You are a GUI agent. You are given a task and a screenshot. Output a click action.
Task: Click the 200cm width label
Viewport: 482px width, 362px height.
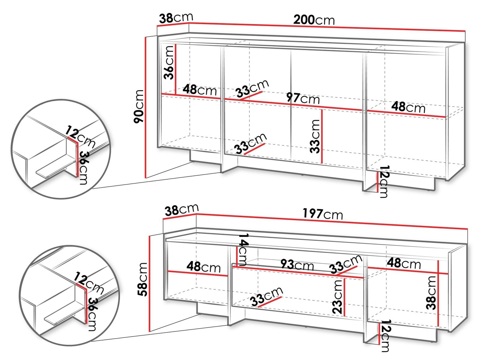[314, 20]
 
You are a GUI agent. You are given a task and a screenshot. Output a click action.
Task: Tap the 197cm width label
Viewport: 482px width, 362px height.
[323, 214]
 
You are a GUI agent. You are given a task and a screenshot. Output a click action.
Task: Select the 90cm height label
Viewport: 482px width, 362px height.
[138, 106]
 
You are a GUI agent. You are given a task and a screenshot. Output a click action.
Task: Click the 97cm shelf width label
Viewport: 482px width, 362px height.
[303, 98]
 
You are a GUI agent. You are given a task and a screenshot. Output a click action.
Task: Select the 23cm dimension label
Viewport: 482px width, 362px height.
[337, 297]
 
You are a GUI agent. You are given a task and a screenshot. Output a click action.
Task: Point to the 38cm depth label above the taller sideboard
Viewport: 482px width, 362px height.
[176, 18]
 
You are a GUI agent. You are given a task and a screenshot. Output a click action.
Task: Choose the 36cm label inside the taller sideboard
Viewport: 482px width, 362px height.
[169, 63]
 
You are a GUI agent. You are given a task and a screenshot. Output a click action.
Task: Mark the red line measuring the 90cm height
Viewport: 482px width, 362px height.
[145, 107]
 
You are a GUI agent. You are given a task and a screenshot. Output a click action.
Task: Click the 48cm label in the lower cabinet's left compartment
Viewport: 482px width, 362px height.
[203, 267]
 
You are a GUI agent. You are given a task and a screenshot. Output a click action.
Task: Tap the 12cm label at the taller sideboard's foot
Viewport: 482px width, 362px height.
[384, 182]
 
